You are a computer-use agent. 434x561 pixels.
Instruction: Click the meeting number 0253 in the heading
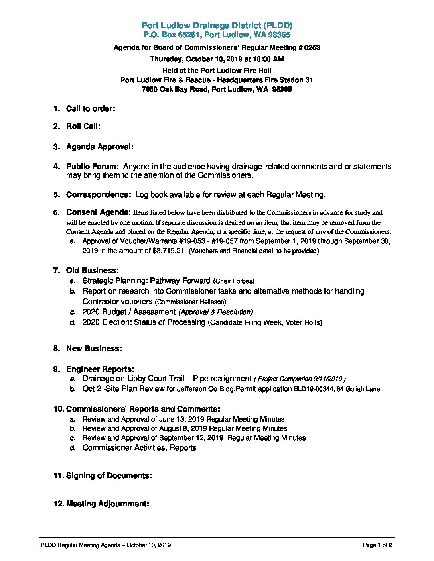coord(312,47)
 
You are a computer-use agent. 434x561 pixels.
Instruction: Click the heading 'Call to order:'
coord(91,108)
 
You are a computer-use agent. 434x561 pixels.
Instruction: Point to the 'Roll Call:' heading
coord(83,126)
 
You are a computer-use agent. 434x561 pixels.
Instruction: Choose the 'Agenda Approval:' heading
coord(100,147)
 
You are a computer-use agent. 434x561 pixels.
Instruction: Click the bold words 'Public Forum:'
coord(92,167)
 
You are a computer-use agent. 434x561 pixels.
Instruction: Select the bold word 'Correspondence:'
coord(98,195)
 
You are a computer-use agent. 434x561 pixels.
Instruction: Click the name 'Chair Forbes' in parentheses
coord(234,281)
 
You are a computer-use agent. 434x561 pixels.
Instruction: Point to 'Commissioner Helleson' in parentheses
coord(190,302)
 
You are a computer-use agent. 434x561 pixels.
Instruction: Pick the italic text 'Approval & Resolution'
coord(215,312)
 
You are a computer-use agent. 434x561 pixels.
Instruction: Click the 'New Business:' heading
coord(94,349)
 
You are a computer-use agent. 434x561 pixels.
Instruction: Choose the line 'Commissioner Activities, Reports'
coord(139,448)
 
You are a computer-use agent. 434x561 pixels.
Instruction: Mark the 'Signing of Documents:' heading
coord(108,476)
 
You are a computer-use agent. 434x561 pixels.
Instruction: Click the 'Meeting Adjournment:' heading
coord(107,504)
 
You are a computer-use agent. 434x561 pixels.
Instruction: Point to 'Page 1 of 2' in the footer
coord(377,545)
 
